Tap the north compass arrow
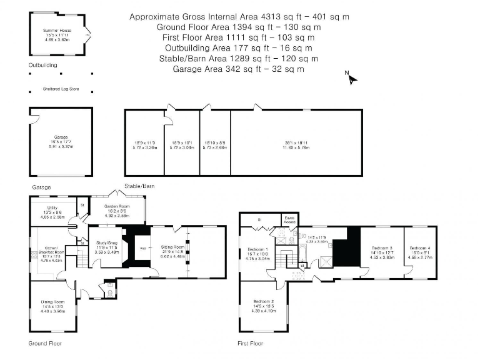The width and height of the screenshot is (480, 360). (352, 79)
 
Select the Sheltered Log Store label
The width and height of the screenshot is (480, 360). (61, 89)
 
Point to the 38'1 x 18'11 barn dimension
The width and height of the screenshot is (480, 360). (296, 143)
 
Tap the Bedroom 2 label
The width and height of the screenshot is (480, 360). (264, 302)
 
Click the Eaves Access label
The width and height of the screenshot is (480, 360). (289, 221)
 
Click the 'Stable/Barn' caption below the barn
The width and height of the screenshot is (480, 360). (139, 186)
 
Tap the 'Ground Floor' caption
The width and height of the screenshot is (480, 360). (45, 343)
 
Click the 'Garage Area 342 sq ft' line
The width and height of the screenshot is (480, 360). (239, 69)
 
